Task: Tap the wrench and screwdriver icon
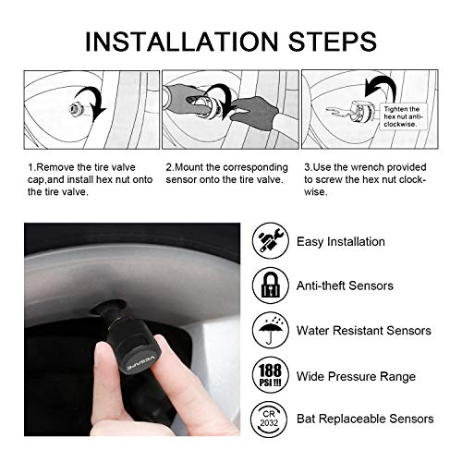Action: point(270,241)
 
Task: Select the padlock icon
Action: point(270,286)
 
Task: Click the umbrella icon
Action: point(270,330)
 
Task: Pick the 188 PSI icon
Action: point(270,375)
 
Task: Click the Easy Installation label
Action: point(341,242)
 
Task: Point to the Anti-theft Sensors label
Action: point(345,286)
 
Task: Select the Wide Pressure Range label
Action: point(356,376)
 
